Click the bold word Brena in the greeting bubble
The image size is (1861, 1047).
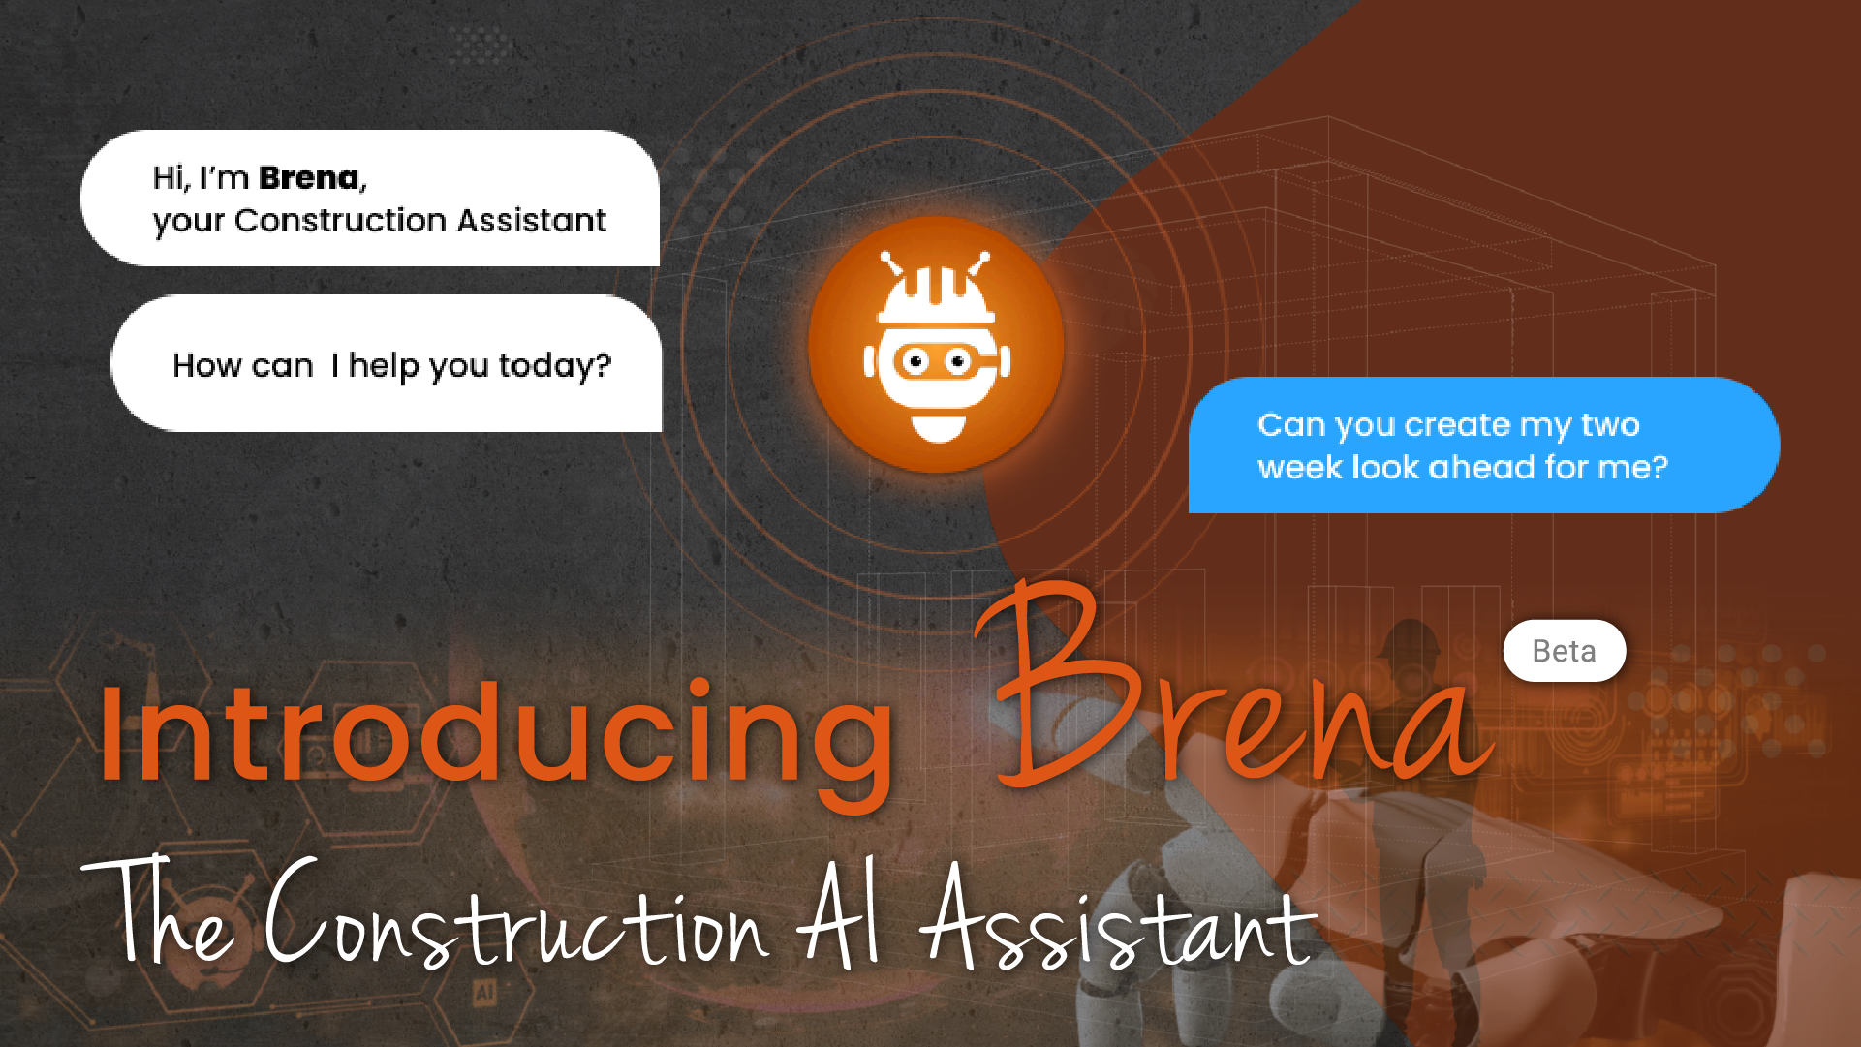click(x=308, y=178)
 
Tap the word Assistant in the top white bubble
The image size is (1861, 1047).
click(x=532, y=221)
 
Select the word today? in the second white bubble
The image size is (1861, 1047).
click(x=555, y=367)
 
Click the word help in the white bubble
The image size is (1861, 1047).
click(x=384, y=366)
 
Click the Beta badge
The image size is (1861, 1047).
click(x=1565, y=651)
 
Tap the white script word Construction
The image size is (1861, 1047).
click(x=517, y=915)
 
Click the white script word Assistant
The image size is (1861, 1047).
click(x=1118, y=918)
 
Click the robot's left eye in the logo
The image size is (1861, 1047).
click(x=914, y=362)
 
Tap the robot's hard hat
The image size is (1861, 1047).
click(x=936, y=296)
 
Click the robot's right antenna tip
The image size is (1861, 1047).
click(x=984, y=258)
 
